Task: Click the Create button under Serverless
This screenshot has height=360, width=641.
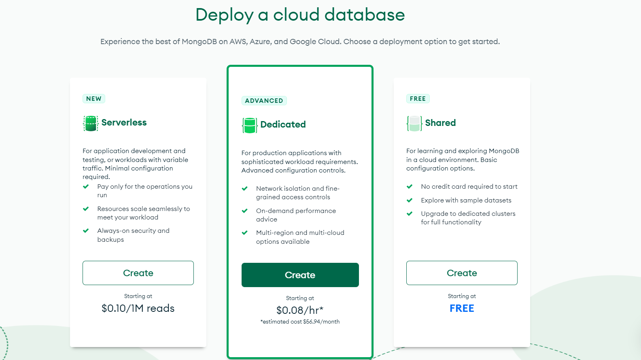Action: pyautogui.click(x=138, y=273)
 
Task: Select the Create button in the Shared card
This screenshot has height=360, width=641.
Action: pyautogui.click(x=462, y=273)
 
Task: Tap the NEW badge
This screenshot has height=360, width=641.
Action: pyautogui.click(x=94, y=98)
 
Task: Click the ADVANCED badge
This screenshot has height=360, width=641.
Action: pyautogui.click(x=264, y=100)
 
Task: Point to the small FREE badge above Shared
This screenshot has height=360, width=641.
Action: pyautogui.click(x=418, y=98)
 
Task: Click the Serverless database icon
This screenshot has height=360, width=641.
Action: pyautogui.click(x=91, y=123)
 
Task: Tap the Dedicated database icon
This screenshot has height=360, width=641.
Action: pyautogui.click(x=250, y=125)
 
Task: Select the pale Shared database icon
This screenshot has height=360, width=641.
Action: pyautogui.click(x=414, y=124)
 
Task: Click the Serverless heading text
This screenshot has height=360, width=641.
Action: pyautogui.click(x=124, y=122)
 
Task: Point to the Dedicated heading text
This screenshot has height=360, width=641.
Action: pyautogui.click(x=283, y=124)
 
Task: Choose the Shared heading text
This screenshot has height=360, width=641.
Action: pyautogui.click(x=440, y=123)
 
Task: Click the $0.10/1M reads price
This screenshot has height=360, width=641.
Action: pyautogui.click(x=138, y=308)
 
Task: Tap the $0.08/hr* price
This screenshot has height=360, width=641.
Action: pyautogui.click(x=300, y=310)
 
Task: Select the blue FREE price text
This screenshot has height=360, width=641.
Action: pyautogui.click(x=462, y=308)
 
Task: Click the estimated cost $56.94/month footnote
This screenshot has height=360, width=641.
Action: pyautogui.click(x=300, y=322)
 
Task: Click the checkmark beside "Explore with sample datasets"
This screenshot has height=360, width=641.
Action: pyautogui.click(x=410, y=200)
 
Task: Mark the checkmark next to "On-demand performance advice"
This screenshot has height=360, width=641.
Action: pyautogui.click(x=245, y=211)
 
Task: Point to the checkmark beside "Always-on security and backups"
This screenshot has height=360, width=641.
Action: pyautogui.click(x=86, y=230)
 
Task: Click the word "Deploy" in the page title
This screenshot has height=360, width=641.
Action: pyautogui.click(x=225, y=15)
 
